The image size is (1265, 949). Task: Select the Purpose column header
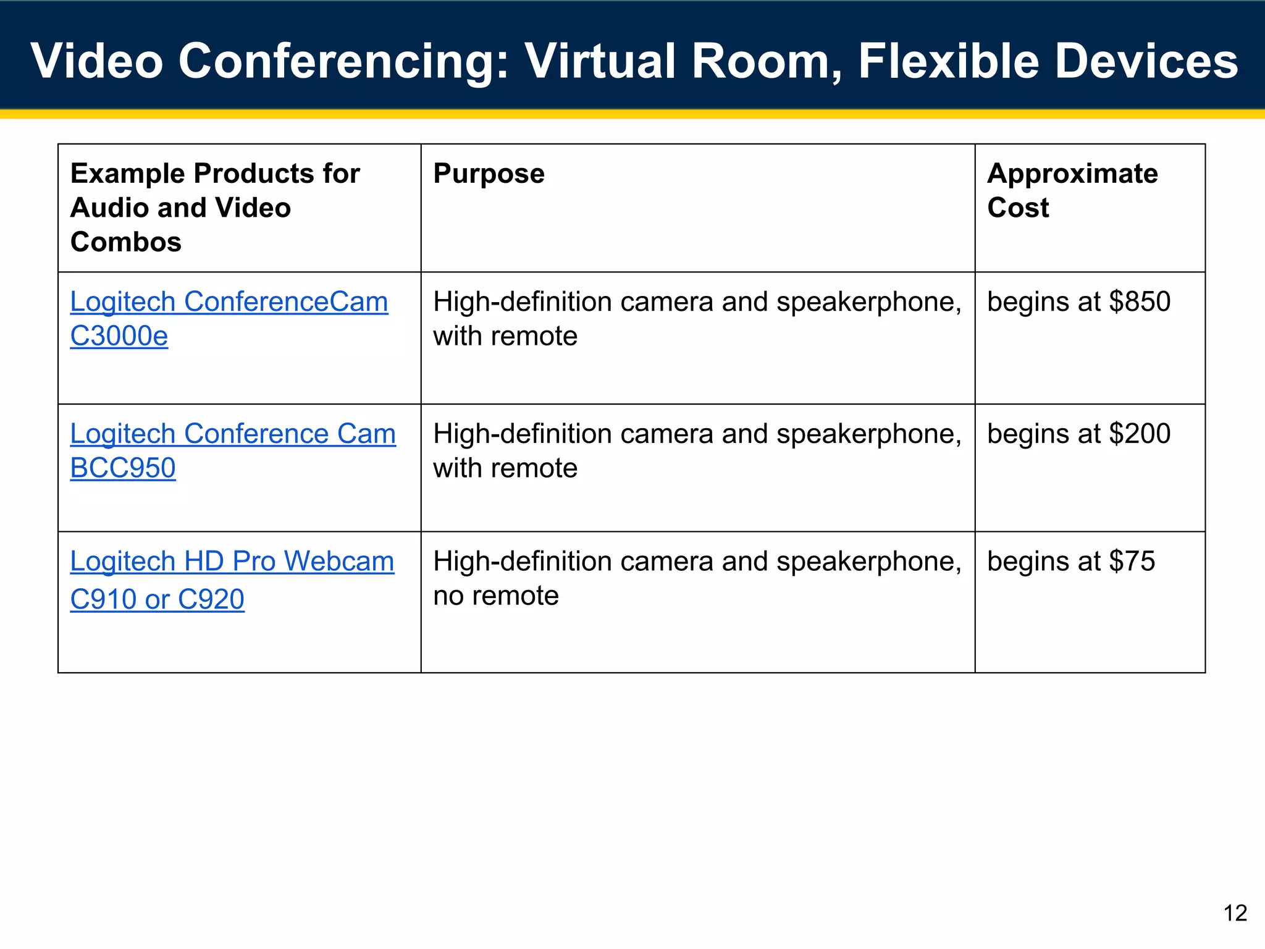click(489, 174)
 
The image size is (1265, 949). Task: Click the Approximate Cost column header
click(1072, 190)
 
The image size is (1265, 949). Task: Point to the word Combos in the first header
click(126, 242)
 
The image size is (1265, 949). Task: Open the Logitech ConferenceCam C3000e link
click(229, 302)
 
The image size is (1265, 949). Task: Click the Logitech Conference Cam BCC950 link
click(232, 434)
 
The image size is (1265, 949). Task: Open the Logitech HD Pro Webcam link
click(232, 562)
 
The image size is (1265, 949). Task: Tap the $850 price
click(1140, 302)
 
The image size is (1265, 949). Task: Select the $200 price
click(1140, 434)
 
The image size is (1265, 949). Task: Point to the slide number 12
click(1235, 913)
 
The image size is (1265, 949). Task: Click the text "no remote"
click(496, 596)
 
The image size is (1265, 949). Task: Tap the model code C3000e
click(119, 337)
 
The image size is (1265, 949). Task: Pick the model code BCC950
click(123, 468)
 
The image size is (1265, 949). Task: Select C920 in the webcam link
click(211, 599)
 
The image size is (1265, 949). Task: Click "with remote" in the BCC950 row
click(505, 468)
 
